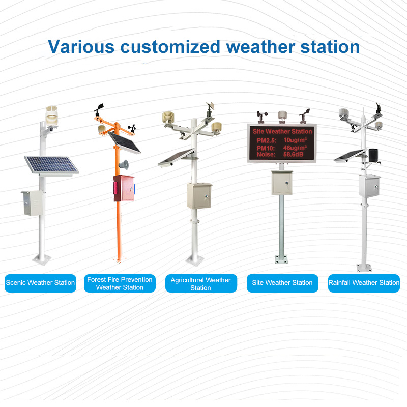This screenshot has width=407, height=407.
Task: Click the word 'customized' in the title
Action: [170, 47]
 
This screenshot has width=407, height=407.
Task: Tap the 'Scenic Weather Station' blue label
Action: [41, 283]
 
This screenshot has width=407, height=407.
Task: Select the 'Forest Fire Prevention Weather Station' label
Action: [120, 283]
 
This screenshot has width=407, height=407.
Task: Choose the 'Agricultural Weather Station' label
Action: [201, 283]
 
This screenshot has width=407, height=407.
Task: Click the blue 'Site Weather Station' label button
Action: [282, 283]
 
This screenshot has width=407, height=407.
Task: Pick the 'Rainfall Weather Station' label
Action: [364, 283]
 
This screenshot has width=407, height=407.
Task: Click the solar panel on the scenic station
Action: [51, 165]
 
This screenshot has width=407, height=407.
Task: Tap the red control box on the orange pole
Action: [124, 188]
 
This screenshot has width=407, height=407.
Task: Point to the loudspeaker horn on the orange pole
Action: [124, 164]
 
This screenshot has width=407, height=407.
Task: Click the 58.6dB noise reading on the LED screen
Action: [294, 155]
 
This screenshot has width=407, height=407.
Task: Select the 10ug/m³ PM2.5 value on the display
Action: [295, 140]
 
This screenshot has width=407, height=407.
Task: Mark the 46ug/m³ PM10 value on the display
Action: [295, 148]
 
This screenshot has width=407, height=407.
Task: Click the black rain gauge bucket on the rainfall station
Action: [373, 155]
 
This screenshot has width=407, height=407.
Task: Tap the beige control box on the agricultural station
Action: [199, 196]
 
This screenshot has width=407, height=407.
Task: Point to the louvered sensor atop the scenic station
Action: [51, 117]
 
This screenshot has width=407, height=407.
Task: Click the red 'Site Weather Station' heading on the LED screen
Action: [282, 131]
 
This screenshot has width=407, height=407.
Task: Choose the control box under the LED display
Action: [282, 183]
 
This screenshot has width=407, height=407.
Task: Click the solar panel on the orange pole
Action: [124, 142]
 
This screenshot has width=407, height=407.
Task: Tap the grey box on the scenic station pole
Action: [32, 203]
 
